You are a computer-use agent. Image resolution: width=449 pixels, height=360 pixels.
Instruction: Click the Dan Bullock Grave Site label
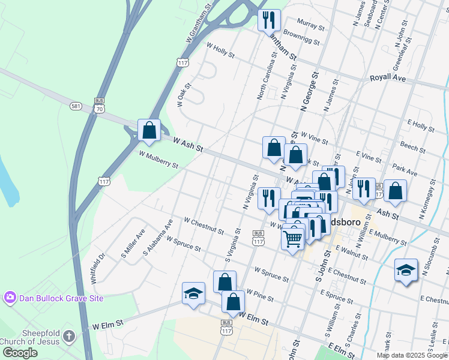click(x=62, y=298)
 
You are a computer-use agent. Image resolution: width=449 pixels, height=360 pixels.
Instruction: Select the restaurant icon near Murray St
click(x=269, y=20)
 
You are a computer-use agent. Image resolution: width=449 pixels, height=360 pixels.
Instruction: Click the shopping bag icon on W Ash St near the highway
click(x=149, y=130)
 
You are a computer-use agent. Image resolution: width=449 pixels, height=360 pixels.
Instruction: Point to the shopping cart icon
click(x=292, y=239)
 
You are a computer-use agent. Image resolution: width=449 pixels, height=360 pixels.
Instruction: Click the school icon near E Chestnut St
click(x=406, y=271)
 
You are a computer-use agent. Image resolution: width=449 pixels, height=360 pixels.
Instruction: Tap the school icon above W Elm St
click(x=193, y=293)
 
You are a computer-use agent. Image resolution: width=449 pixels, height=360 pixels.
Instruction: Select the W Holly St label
click(x=220, y=49)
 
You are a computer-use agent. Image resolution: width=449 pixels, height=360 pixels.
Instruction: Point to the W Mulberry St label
click(x=158, y=160)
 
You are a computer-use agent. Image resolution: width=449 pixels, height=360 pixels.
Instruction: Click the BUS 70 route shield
click(x=100, y=106)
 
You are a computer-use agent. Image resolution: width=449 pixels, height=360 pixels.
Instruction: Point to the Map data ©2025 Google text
click(x=411, y=355)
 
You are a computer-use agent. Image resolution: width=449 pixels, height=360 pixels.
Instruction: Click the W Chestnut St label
click(x=204, y=226)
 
